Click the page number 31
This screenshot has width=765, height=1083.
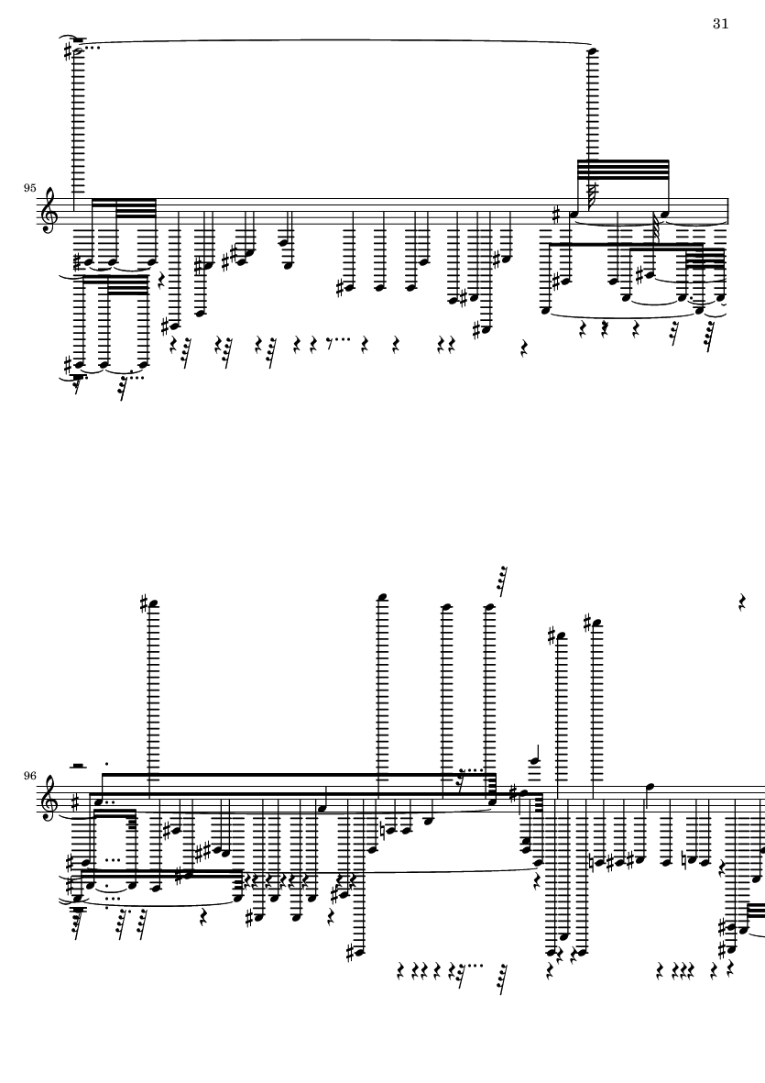[x=720, y=24]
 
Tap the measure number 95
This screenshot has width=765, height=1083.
[x=29, y=187]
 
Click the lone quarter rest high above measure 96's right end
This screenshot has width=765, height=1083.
[x=743, y=602]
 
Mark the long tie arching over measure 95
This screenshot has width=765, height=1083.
[x=334, y=39]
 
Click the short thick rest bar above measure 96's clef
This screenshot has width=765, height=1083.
[x=79, y=765]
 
